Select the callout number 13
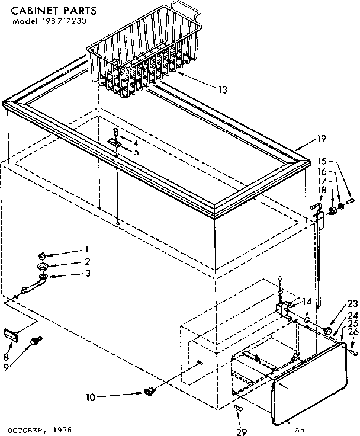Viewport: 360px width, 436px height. click(222, 90)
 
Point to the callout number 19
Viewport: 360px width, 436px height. click(321, 139)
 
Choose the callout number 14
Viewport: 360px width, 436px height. click(306, 301)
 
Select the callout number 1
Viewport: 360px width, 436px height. click(86, 249)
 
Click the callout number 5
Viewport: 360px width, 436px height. click(136, 152)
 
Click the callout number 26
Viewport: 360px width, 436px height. click(353, 332)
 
